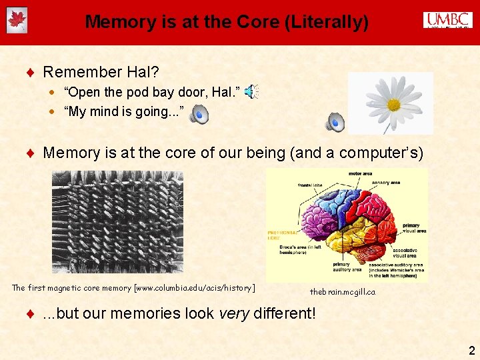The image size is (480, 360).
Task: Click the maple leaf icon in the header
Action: (16, 21)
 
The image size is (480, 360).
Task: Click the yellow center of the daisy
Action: (393, 105)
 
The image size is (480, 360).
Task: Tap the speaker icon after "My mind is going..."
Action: (199, 115)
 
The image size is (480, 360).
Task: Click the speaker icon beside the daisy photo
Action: (335, 122)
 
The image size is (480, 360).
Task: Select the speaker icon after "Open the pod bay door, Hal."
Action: (251, 93)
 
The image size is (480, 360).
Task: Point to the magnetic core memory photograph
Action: (117, 222)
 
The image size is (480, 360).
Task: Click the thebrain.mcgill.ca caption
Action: (343, 292)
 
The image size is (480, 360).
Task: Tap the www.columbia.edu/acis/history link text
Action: (194, 288)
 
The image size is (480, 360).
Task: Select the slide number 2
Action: (471, 350)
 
